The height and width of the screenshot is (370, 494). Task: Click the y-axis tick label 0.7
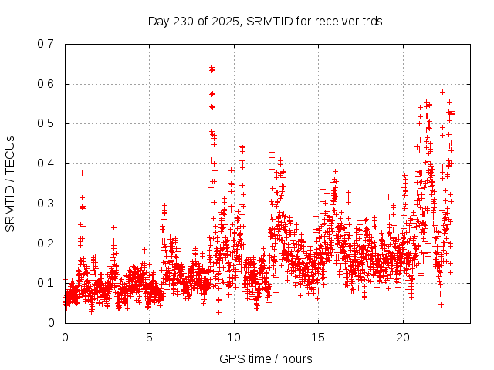46,44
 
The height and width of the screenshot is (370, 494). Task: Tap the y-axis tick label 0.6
46,84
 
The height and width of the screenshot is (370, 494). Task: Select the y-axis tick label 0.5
46,123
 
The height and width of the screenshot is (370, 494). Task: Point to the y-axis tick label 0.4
46,163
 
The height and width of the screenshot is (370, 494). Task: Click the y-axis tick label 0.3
46,203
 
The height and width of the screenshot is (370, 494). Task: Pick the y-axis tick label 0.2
46,244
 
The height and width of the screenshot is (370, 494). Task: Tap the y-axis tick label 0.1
46,283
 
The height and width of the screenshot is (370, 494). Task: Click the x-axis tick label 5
149,338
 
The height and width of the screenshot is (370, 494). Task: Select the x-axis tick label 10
233,338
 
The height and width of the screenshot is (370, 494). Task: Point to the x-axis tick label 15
317,338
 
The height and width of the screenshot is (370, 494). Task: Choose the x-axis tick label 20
401,338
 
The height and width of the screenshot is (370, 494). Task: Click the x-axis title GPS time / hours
266,358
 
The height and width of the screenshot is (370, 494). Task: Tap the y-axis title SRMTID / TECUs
11,183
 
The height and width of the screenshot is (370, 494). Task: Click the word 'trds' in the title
370,21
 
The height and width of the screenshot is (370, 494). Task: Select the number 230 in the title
183,21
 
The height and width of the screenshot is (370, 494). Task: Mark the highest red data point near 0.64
211,69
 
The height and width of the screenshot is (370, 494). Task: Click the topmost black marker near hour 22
442,92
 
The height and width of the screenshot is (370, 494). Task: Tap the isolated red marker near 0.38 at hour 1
82,173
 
